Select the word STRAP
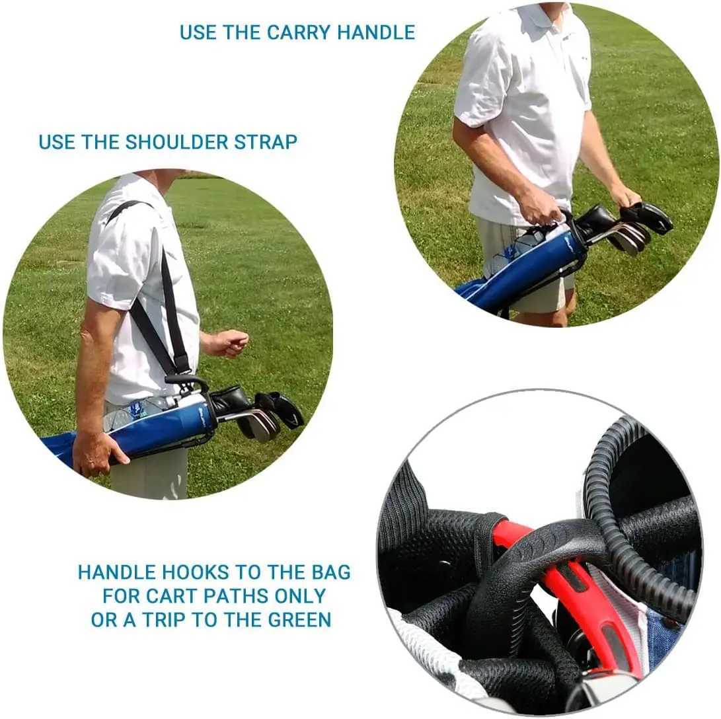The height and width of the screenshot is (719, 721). (x=265, y=141)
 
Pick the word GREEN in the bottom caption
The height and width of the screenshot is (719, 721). (x=299, y=619)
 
